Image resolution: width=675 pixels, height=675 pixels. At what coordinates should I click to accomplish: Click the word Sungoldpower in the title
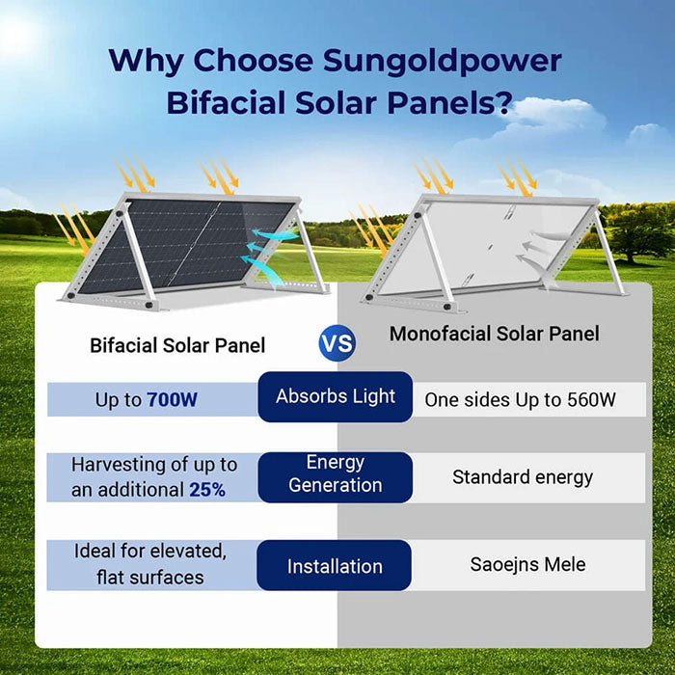441,60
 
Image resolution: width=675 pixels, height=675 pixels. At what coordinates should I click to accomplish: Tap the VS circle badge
337,342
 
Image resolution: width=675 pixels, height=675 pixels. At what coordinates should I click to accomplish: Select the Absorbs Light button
336,396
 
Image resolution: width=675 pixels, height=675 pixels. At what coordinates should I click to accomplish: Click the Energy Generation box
336,474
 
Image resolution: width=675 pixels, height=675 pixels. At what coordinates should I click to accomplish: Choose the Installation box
335,566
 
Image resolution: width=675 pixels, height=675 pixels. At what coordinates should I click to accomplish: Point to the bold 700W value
173,399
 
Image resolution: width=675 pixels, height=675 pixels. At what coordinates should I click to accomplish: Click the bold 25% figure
207,489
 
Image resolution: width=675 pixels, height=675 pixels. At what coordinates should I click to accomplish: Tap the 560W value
592,399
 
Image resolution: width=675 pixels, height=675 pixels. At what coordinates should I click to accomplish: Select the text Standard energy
523,477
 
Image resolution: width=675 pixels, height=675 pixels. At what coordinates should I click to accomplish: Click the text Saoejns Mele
527,564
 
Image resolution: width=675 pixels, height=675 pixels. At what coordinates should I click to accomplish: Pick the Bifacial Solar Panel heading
177,344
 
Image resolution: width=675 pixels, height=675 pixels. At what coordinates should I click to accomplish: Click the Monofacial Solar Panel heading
494,334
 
